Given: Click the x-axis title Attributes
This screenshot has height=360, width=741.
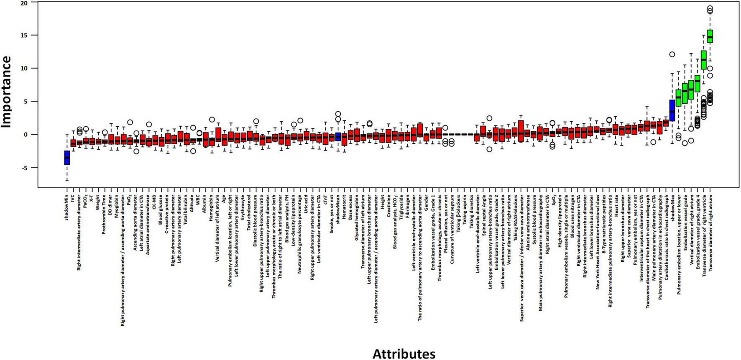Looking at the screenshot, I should click(x=404, y=353).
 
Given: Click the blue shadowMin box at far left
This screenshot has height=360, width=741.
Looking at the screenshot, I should click(x=67, y=158).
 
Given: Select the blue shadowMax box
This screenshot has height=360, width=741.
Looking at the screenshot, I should click(x=672, y=110).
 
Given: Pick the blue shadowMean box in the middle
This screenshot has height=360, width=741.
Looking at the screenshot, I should click(x=338, y=137).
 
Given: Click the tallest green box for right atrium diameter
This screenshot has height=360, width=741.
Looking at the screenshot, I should click(x=710, y=36).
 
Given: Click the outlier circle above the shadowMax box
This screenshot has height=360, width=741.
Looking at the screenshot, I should click(x=672, y=54).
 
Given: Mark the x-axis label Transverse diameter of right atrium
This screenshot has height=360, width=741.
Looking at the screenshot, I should click(x=710, y=231).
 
